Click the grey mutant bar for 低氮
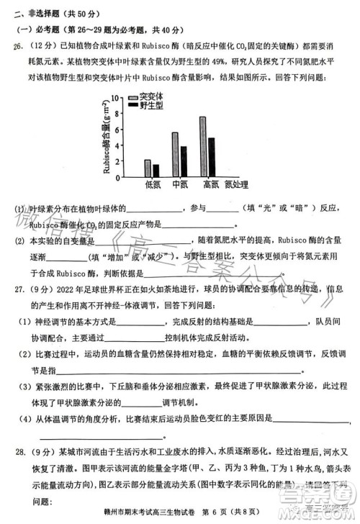point(148,168)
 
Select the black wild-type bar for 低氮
point(156,171)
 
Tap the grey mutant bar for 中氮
point(175,154)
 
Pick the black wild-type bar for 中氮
point(183,161)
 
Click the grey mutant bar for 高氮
point(203,147)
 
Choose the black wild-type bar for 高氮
point(211,157)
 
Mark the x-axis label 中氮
point(180,185)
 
